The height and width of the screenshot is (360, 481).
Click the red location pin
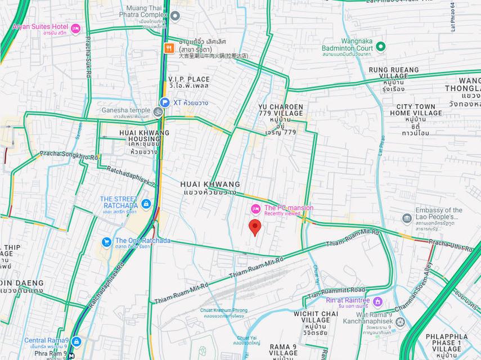(255, 227)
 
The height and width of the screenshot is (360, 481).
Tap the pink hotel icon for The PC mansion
(255, 209)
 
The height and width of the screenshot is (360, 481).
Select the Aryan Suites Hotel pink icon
(75, 29)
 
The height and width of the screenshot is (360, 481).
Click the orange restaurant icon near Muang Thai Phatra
(168, 48)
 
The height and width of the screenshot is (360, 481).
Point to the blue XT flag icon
(164, 102)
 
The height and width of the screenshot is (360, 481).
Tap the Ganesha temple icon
(159, 110)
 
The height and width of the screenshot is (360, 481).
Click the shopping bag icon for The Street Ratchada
(146, 203)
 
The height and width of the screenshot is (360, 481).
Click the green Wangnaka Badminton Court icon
(380, 46)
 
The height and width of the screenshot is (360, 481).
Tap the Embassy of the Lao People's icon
(407, 218)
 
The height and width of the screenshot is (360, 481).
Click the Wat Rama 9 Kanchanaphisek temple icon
(401, 322)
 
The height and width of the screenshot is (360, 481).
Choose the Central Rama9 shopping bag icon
(76, 342)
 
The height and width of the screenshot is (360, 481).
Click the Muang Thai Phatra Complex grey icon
(175, 15)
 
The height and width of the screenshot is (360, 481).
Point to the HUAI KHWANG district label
(210, 184)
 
